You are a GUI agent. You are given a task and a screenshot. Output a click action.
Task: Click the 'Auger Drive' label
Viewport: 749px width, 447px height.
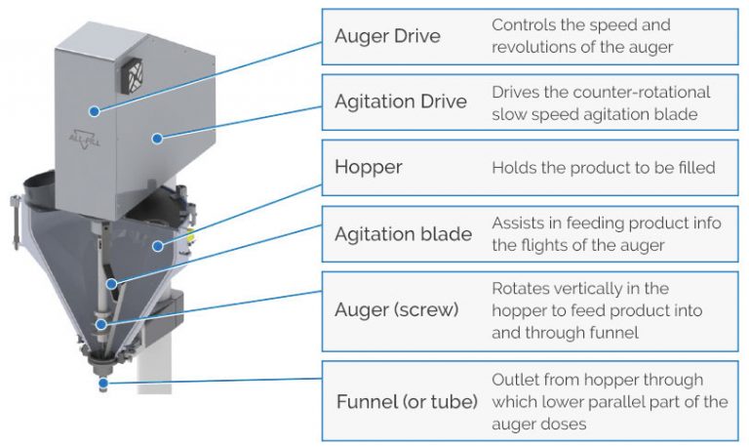[x=386, y=37]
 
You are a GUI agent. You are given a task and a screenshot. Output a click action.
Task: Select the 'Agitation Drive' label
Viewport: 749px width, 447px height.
[x=400, y=102]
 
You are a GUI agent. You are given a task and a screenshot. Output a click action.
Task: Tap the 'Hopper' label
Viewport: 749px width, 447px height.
[x=368, y=167]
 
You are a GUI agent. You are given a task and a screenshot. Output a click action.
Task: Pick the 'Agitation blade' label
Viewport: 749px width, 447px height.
[x=403, y=234]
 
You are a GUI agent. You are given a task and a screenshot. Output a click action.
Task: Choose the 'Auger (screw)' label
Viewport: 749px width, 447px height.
[x=395, y=309]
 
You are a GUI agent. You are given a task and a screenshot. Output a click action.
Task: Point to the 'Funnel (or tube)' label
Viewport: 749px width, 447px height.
[x=406, y=402]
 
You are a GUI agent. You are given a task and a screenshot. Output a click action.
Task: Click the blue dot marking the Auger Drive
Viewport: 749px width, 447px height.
[x=95, y=111]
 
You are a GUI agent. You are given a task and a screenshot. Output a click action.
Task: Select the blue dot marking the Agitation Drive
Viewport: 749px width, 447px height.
[x=156, y=138]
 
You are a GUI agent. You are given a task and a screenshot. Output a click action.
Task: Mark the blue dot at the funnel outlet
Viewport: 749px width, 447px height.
[x=105, y=383]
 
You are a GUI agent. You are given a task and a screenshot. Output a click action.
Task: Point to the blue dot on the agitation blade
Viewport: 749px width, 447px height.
[x=114, y=284]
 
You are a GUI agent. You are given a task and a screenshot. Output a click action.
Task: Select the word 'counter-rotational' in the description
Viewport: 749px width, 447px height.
[x=645, y=92]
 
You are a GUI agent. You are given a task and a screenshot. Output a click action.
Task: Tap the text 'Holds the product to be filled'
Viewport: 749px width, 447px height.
[x=603, y=168]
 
